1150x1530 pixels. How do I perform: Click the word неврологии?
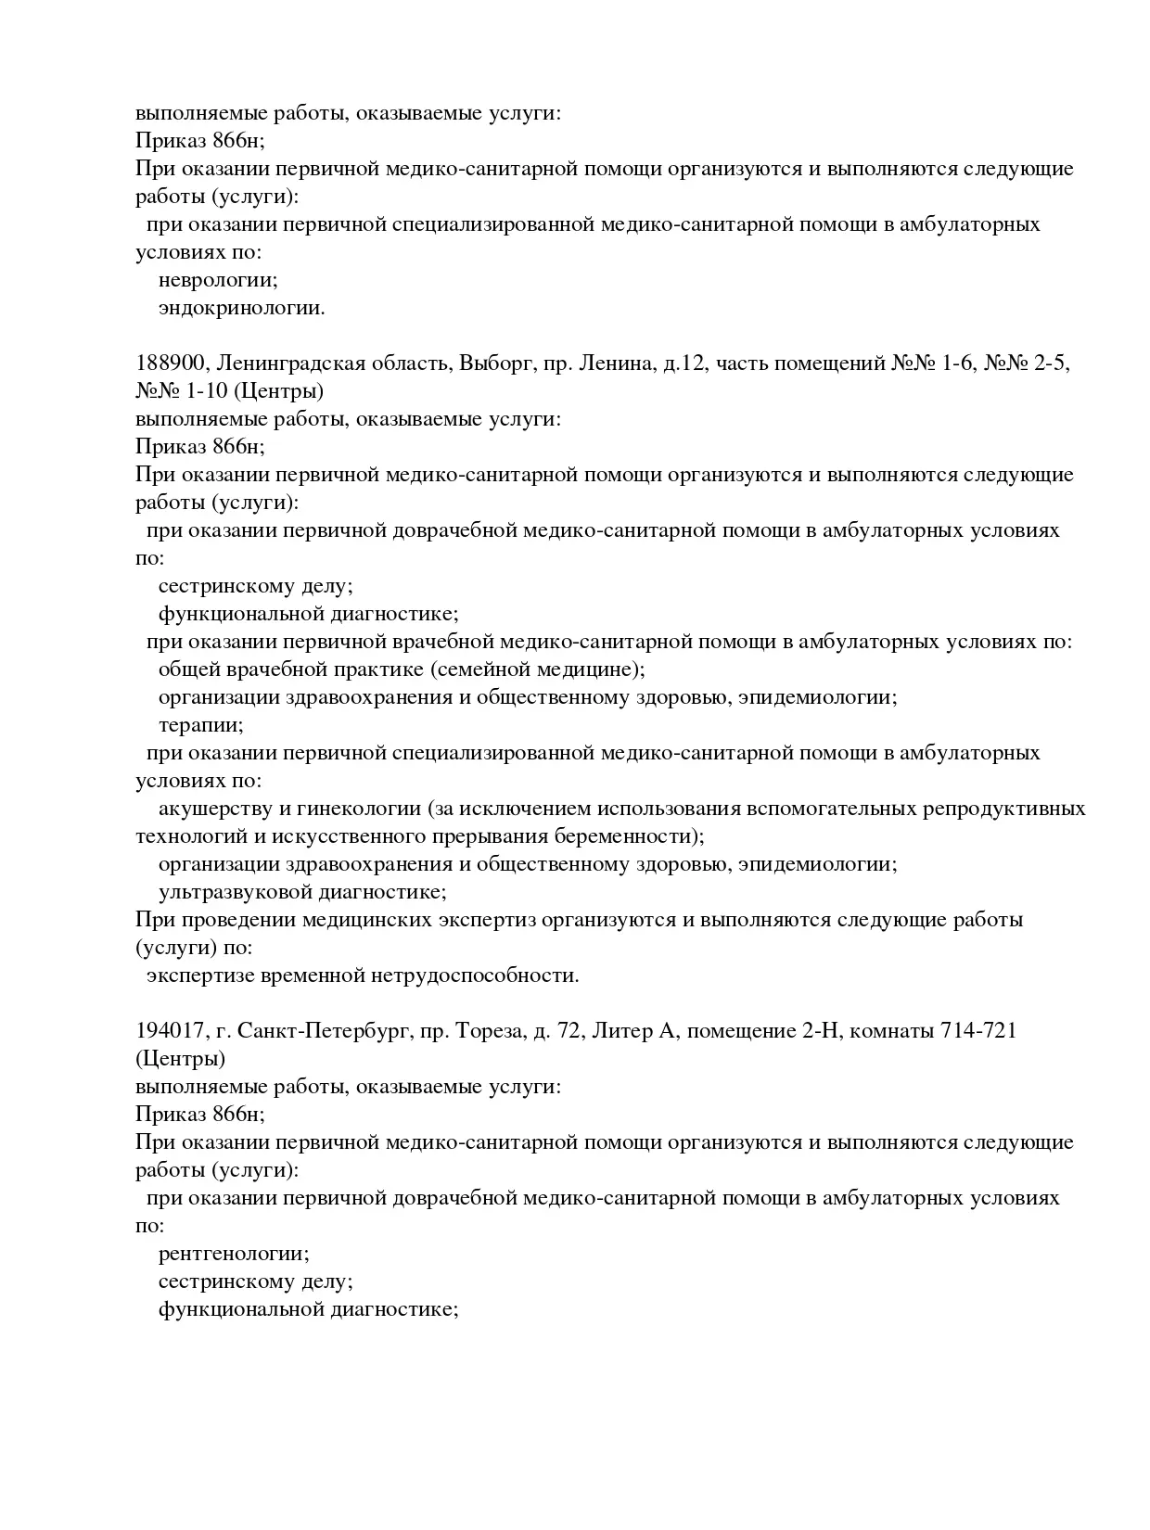pos(218,280)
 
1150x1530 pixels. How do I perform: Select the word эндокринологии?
pos(241,308)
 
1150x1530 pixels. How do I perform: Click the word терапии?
pos(200,725)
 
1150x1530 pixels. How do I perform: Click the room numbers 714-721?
pos(978,1030)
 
